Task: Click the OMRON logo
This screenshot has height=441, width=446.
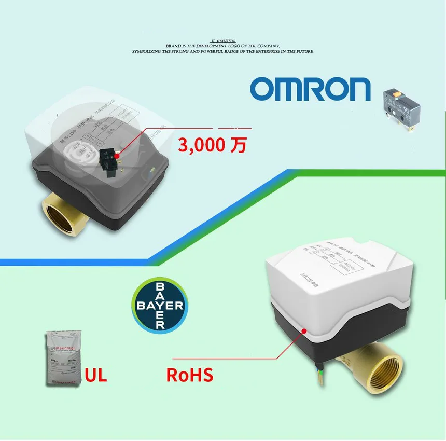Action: (x=310, y=89)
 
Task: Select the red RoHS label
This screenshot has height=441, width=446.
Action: (x=189, y=374)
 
